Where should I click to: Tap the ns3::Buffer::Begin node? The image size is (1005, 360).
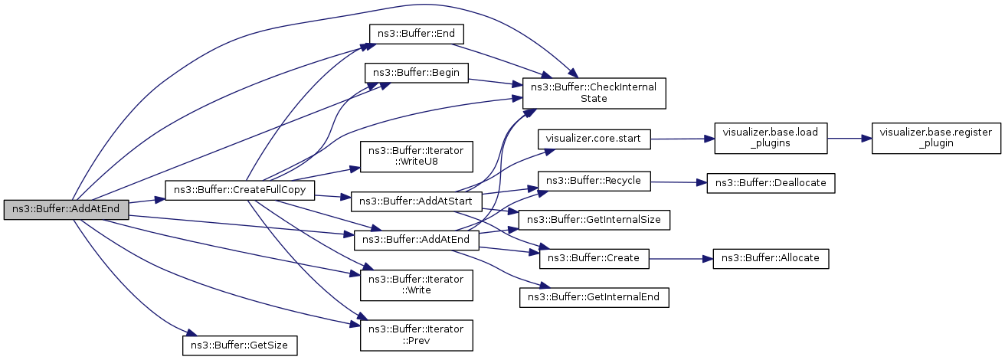417,73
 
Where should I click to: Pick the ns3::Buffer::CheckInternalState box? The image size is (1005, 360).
594,93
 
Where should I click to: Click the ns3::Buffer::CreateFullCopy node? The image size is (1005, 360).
241,189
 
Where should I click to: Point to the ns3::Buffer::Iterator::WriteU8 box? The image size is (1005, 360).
417,155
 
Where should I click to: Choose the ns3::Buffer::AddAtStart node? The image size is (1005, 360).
416,201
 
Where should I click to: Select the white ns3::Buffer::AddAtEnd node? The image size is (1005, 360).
416,239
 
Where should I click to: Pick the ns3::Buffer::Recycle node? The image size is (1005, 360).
595,182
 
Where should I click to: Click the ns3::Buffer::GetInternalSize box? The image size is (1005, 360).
594,220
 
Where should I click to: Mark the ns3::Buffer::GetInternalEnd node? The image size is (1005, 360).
594,296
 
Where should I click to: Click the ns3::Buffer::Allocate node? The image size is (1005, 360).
771,258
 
